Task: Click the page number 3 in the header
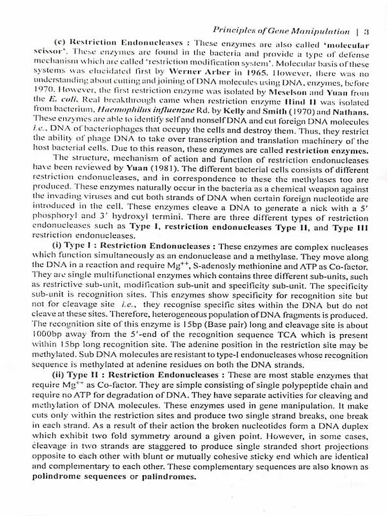pos(366,29)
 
